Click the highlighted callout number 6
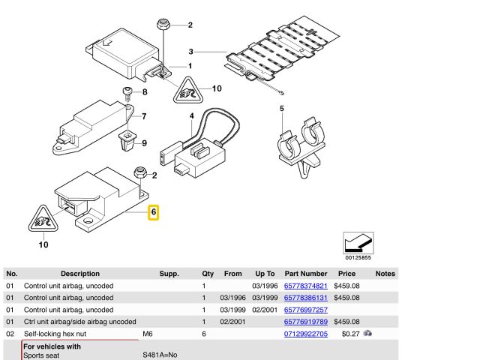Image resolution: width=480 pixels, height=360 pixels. tap(154, 212)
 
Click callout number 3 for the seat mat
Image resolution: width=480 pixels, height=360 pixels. tap(191, 52)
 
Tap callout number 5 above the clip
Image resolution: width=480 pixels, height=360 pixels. tap(282, 109)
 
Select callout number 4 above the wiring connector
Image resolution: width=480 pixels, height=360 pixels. tap(191, 115)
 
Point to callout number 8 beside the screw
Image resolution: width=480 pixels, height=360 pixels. tap(145, 92)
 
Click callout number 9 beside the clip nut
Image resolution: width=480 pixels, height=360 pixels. tap(145, 142)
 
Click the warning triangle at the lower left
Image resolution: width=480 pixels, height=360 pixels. tap(43, 219)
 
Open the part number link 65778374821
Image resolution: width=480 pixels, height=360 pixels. tap(305, 286)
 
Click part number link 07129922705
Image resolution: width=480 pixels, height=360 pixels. tap(305, 333)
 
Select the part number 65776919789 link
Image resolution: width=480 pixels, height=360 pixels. tap(305, 321)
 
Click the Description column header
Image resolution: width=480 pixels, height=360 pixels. tap(79, 274)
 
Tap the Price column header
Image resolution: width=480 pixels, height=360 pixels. tap(346, 274)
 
